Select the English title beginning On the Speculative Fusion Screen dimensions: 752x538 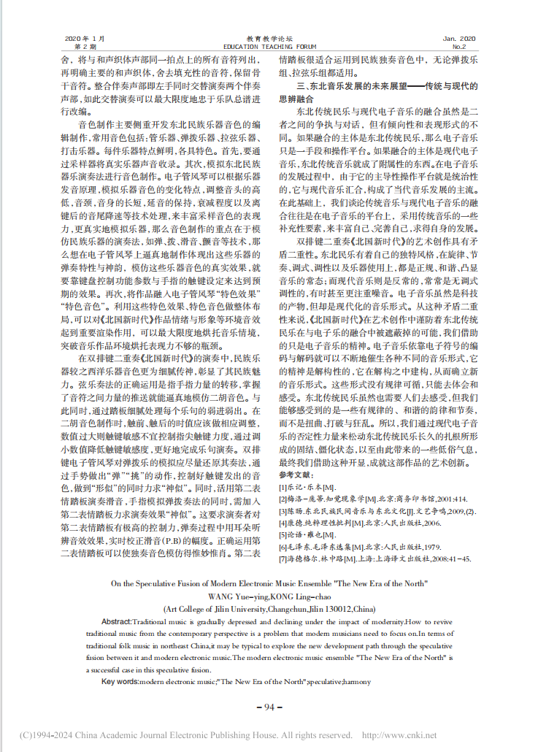[x=269, y=583]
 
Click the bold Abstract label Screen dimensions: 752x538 [x=116, y=621]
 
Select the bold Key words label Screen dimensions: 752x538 [x=120, y=682]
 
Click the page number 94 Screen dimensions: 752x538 [x=269, y=707]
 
